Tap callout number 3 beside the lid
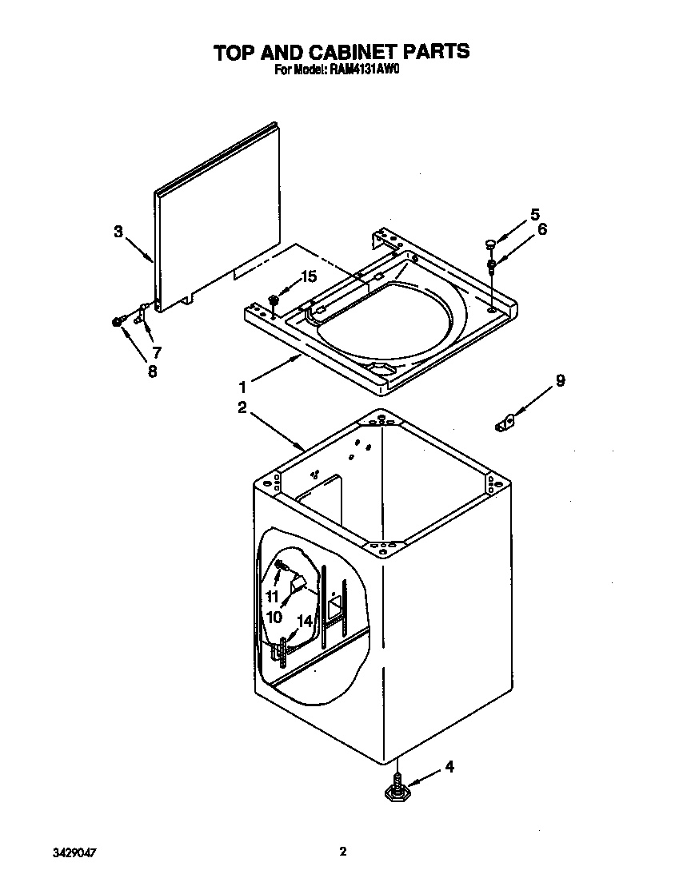pyautogui.click(x=118, y=232)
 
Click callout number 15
pyautogui.click(x=308, y=276)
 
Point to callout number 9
pyautogui.click(x=560, y=381)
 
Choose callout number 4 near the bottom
pyautogui.click(x=449, y=767)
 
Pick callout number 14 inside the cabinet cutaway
pyautogui.click(x=305, y=620)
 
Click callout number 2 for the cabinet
pyautogui.click(x=242, y=407)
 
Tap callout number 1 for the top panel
pyautogui.click(x=242, y=386)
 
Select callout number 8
pyautogui.click(x=151, y=371)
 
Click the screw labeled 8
pyautogui.click(x=118, y=321)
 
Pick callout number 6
pyautogui.click(x=541, y=230)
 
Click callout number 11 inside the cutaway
pyautogui.click(x=272, y=597)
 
